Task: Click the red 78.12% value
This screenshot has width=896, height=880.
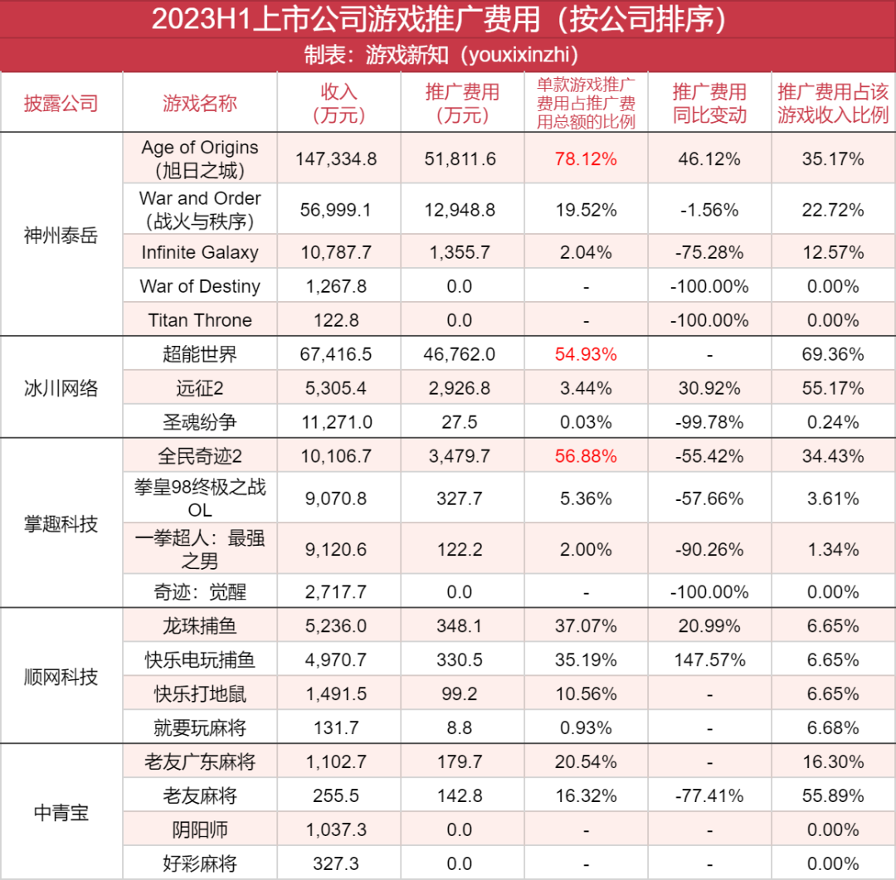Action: point(587,159)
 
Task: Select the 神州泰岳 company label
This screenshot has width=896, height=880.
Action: point(61,236)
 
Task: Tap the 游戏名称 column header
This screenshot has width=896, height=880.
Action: point(199,103)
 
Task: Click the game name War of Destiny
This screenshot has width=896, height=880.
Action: point(199,287)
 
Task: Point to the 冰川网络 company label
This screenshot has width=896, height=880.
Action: point(61,388)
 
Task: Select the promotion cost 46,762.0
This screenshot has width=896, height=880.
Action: point(460,355)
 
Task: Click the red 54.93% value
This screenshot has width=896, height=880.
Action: point(587,355)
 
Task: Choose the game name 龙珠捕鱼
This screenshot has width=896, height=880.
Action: point(199,626)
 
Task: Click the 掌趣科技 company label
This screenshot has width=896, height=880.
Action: point(61,524)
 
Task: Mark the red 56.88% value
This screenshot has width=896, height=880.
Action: point(587,456)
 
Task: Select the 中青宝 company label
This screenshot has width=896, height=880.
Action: point(61,813)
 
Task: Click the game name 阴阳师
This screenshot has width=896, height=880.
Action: point(199,829)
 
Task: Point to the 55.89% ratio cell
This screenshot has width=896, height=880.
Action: point(833,796)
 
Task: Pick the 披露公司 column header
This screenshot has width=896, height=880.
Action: point(61,103)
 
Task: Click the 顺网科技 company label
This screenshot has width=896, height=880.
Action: point(61,677)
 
